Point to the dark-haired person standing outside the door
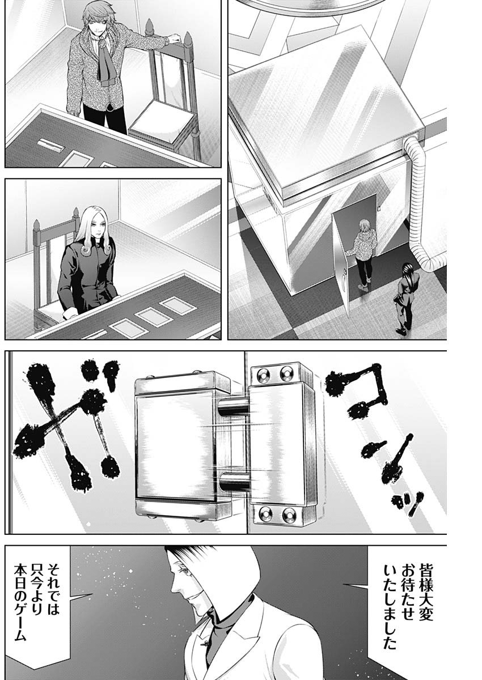pos(405,298)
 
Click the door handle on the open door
pos(344,280)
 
